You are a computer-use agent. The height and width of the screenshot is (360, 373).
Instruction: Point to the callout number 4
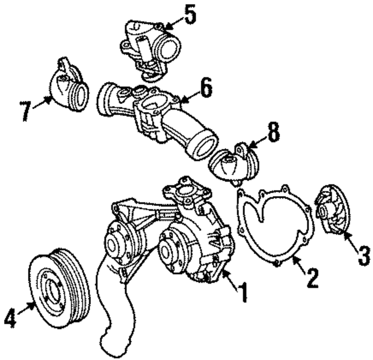click(10, 318)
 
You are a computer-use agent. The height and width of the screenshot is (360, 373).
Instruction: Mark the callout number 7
click(25, 111)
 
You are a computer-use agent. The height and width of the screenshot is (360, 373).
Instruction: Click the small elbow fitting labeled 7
click(68, 88)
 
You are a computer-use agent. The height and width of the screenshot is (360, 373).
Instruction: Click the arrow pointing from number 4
click(27, 309)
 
